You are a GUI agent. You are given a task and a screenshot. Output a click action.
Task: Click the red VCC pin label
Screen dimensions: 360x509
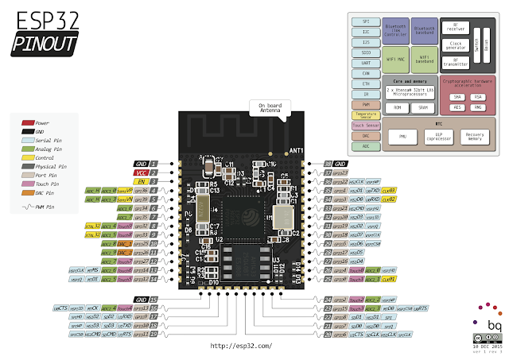tap(141, 172)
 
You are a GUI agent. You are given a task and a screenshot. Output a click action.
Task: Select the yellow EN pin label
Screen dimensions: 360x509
tap(141, 181)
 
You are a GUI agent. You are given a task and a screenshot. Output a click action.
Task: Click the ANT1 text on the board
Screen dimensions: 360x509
tap(295, 150)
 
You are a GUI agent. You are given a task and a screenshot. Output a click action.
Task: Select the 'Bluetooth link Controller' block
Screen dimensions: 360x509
tap(396, 29)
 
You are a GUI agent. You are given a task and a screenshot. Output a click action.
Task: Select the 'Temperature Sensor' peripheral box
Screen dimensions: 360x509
tap(365, 114)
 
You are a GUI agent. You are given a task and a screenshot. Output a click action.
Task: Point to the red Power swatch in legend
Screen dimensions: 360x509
tap(28, 123)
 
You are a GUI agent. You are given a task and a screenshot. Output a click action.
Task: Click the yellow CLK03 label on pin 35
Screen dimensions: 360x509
tap(388, 191)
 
